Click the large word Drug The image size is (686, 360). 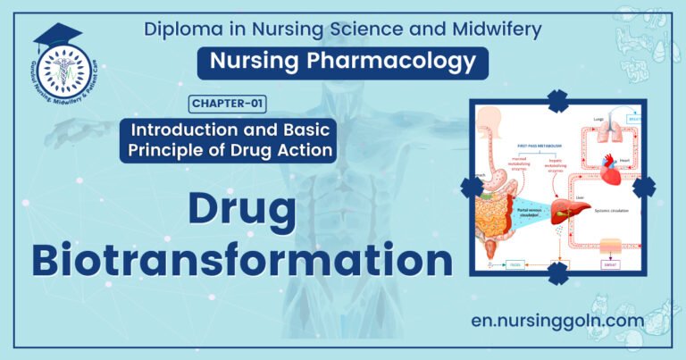[x=241, y=210]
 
